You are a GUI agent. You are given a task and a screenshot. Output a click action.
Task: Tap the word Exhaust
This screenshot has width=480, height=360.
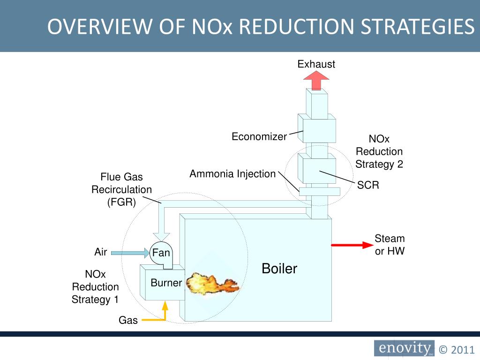pos(316,64)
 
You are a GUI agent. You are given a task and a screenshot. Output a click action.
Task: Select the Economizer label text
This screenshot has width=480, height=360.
pos(259,136)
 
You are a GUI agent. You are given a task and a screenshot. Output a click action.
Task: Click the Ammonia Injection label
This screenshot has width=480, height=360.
pos(232,174)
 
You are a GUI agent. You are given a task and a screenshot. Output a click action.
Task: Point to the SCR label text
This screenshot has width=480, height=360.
pos(368,185)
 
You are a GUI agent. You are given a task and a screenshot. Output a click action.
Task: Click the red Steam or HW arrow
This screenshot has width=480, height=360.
pos(351,245)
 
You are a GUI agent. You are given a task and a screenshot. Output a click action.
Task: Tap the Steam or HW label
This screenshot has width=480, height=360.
pos(390,245)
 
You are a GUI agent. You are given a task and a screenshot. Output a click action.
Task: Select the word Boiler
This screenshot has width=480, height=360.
pos(279,269)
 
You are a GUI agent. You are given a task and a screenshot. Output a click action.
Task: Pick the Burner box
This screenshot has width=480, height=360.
pos(165,283)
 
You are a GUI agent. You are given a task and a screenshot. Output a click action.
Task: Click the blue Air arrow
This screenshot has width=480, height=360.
pos(128,253)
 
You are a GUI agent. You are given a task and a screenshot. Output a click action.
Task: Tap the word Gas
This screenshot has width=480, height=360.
pos(128,321)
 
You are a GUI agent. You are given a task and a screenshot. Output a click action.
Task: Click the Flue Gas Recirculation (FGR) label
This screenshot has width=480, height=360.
pos(121,190)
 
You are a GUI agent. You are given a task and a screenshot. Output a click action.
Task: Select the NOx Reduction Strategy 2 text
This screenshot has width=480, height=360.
pos(379,151)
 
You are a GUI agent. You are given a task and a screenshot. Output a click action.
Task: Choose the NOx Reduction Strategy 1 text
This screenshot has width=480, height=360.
pos(95,287)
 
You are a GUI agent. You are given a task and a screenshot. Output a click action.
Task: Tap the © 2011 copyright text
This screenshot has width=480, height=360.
pos(457,349)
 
